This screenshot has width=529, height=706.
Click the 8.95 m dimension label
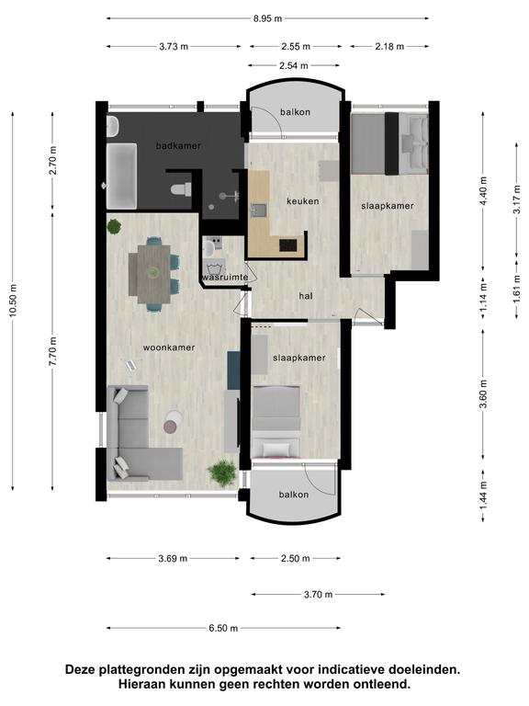click(x=267, y=18)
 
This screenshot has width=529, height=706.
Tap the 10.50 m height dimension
click(x=13, y=301)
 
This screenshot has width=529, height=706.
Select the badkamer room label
click(x=178, y=146)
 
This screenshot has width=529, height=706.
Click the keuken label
click(x=303, y=201)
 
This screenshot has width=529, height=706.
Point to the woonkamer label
click(x=169, y=347)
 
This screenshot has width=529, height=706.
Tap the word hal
click(x=306, y=296)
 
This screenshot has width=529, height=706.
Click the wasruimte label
click(x=225, y=277)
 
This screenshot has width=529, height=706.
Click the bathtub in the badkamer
click(x=121, y=176)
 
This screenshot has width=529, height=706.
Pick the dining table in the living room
click(x=150, y=274)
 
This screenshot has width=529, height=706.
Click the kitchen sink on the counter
click(x=259, y=211)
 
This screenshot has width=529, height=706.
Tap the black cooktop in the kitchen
click(x=288, y=245)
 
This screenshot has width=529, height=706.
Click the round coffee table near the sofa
click(x=173, y=422)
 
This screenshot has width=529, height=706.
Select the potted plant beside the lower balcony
click(x=222, y=473)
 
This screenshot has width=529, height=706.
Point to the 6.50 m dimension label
click(x=223, y=628)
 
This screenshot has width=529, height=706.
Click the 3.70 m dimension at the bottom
click(x=318, y=595)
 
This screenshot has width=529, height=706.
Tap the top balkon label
click(x=295, y=112)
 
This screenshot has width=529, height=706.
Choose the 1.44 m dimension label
click(x=483, y=495)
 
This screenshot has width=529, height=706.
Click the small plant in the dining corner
click(x=114, y=226)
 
